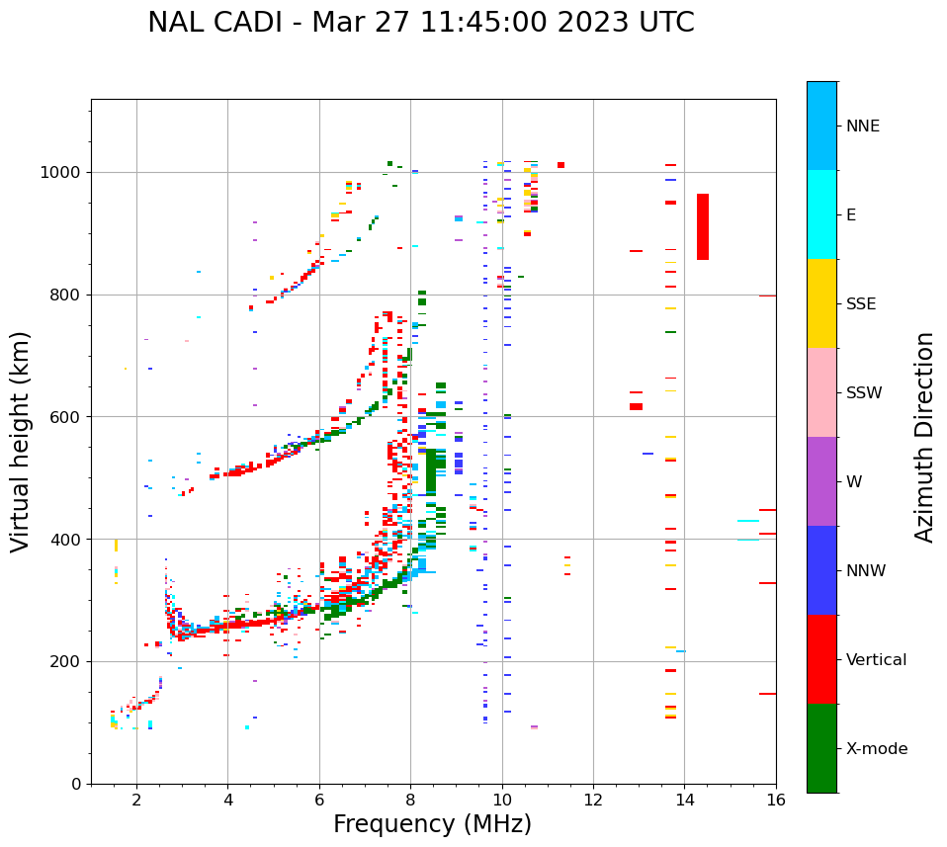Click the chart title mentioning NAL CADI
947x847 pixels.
click(x=420, y=23)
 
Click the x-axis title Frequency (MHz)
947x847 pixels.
click(x=432, y=824)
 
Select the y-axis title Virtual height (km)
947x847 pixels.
click(x=21, y=442)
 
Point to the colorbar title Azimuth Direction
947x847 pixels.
click(x=924, y=437)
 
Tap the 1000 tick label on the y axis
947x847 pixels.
click(x=62, y=172)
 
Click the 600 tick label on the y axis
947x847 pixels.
click(x=66, y=417)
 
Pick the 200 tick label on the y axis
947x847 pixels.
click(x=66, y=661)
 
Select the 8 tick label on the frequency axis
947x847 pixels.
click(x=410, y=800)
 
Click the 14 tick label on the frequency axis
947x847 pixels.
click(x=684, y=800)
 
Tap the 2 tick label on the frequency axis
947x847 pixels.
click(x=136, y=800)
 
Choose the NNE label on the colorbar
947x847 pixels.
click(x=862, y=127)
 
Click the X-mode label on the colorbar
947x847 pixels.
click(x=876, y=749)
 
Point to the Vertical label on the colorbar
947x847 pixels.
click(x=876, y=660)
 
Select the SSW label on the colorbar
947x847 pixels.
click(x=864, y=393)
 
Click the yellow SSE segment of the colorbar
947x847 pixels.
click(x=821, y=303)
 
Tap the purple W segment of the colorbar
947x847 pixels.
click(x=821, y=481)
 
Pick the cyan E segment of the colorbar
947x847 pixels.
click(x=821, y=214)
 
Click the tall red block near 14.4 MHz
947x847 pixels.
click(x=703, y=226)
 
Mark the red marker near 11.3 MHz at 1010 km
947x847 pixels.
click(x=560, y=165)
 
